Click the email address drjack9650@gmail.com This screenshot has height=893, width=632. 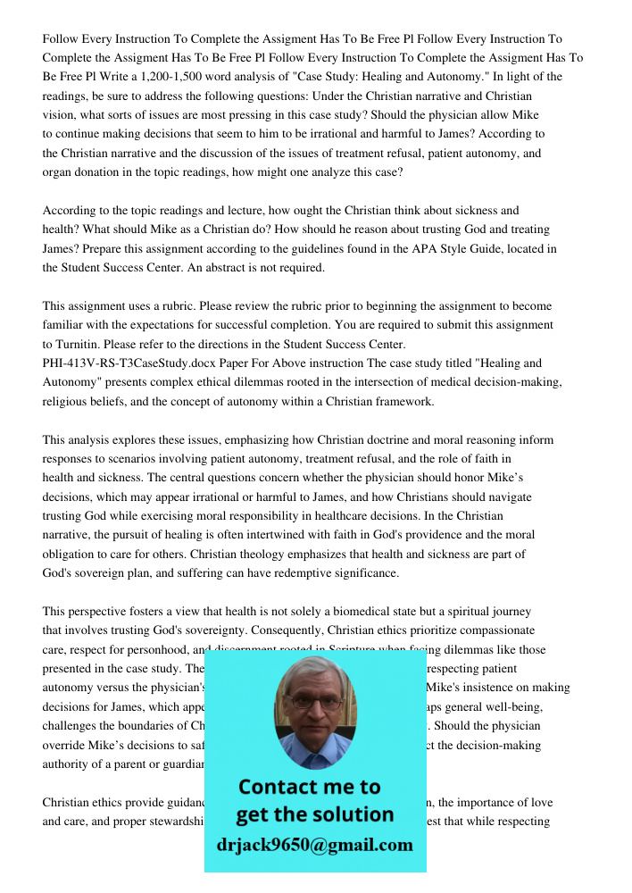pyautogui.click(x=314, y=845)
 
